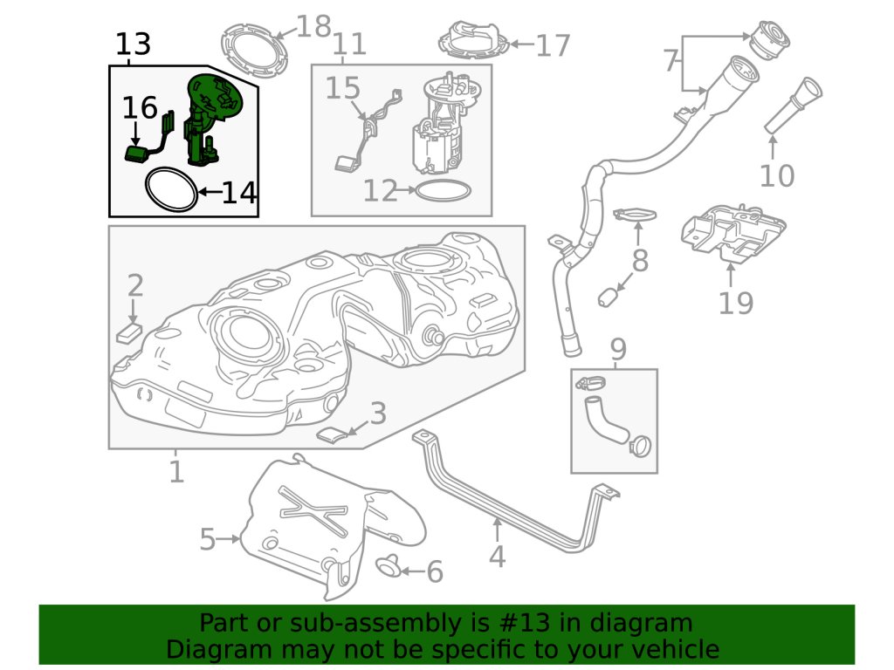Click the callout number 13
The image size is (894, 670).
coord(133,44)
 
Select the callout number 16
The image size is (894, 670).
coord(140,108)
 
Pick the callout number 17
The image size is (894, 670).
coord(552,44)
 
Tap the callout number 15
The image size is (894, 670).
coord(343,88)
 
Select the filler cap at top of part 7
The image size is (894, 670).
coord(769,38)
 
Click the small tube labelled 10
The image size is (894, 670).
coord(794,105)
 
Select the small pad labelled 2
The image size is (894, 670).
coord(130,332)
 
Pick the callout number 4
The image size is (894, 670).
coord(497,556)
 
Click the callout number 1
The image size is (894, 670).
coord(176,472)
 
